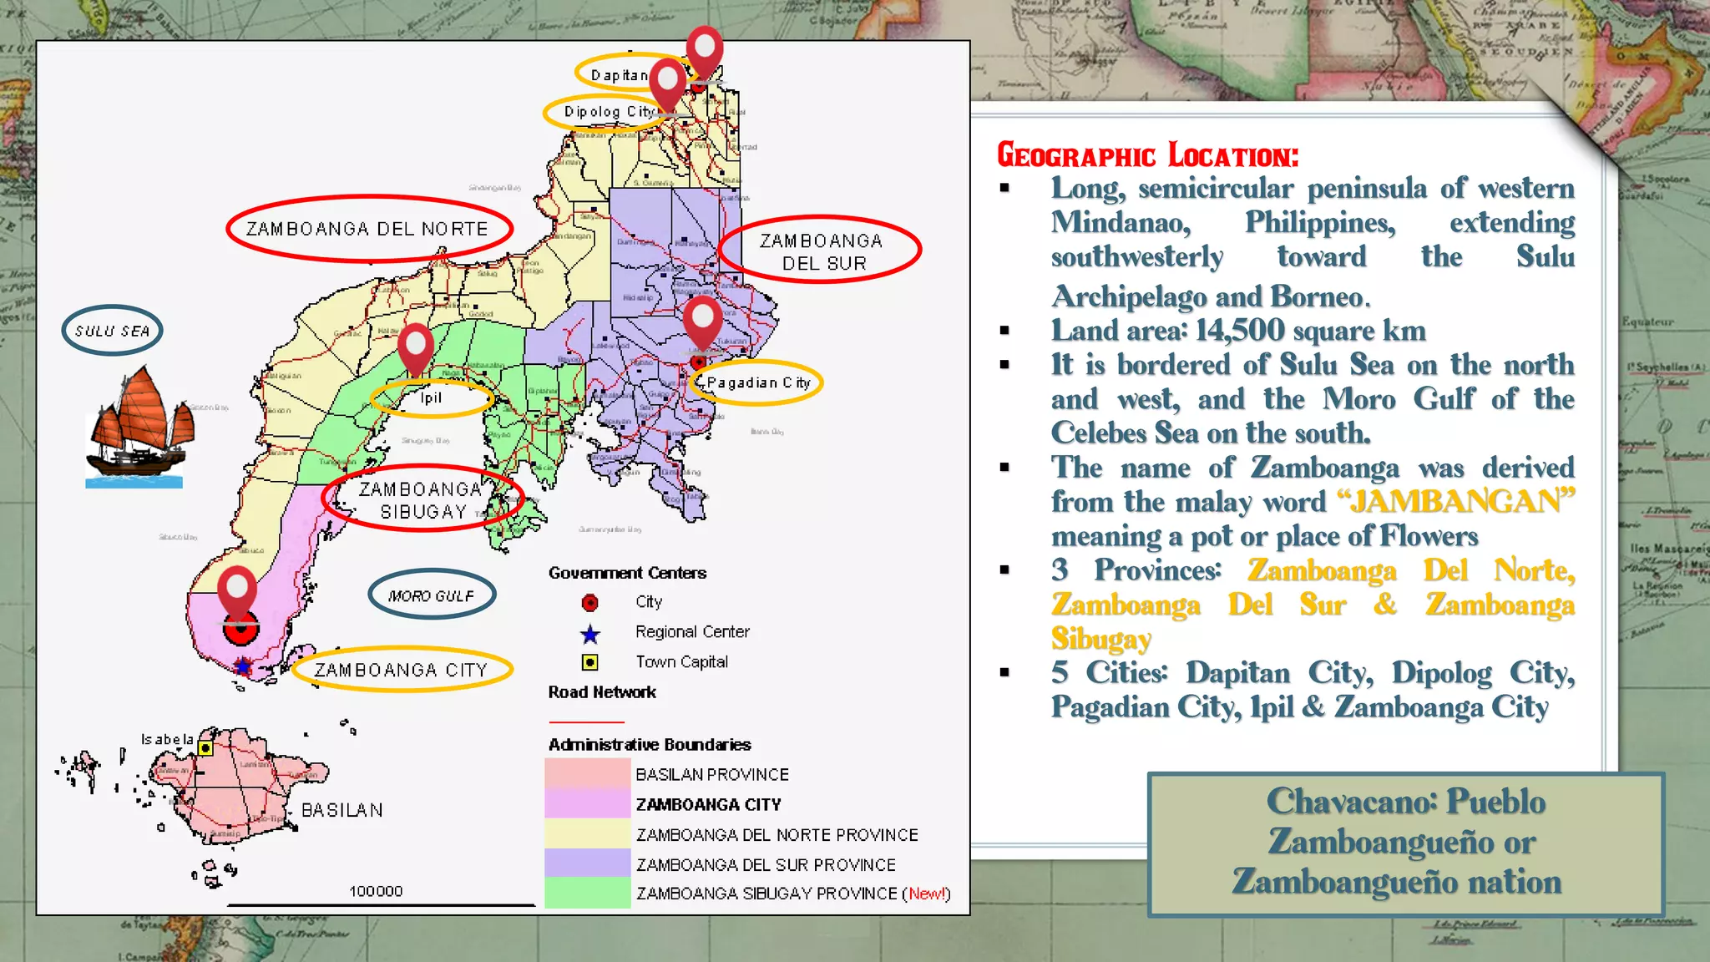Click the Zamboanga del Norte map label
(367, 229)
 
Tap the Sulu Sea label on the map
(112, 331)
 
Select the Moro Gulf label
(431, 595)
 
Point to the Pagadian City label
(758, 382)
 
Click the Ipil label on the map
(431, 397)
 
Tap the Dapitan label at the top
(619, 75)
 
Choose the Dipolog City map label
(609, 112)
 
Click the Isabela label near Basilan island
(167, 739)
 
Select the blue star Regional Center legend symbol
(590, 634)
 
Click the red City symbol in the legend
(590, 602)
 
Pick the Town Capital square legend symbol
(590, 662)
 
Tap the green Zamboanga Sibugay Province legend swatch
(587, 893)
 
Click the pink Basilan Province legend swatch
(587, 773)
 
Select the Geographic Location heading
(1148, 156)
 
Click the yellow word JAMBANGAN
(1455, 501)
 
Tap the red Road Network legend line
(586, 721)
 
